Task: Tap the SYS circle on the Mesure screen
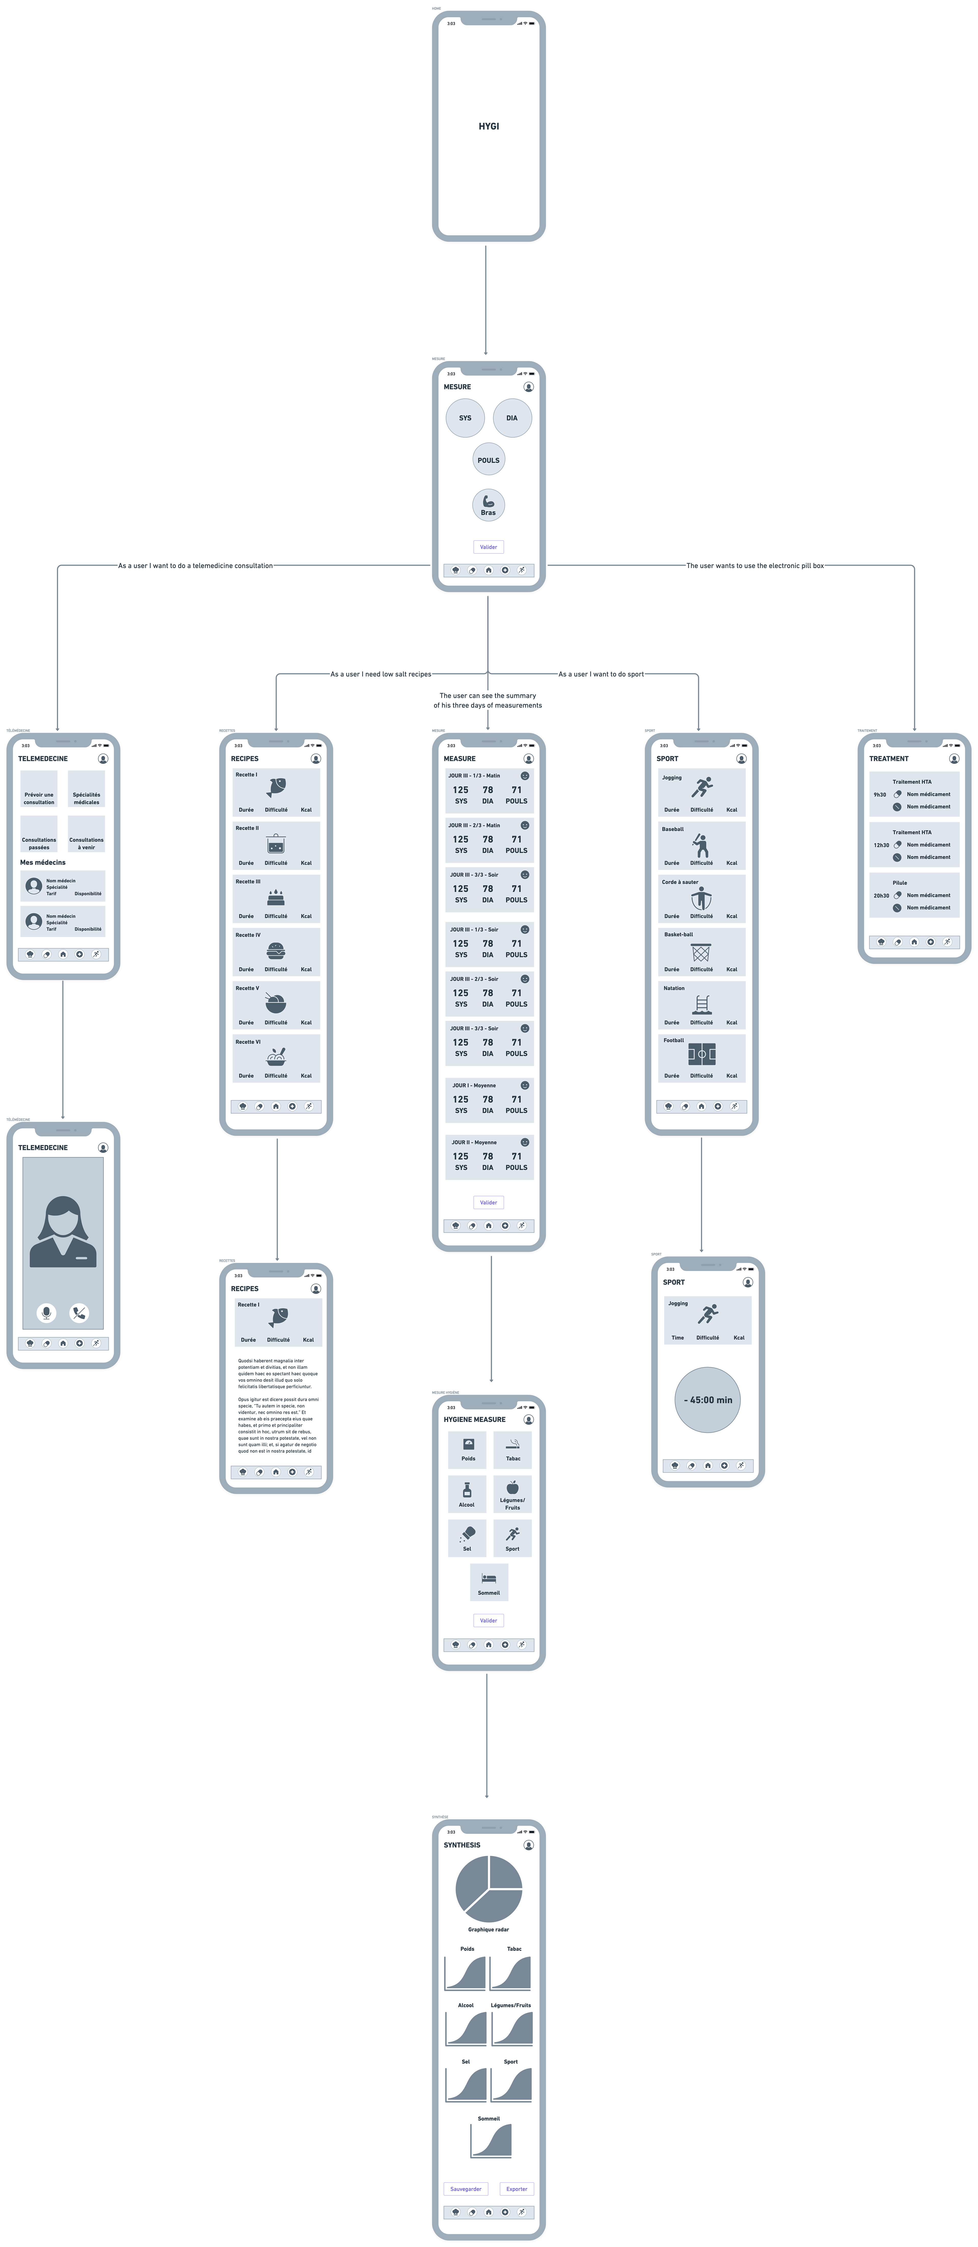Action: [465, 418]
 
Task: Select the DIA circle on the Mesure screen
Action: [512, 418]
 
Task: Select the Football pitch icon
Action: [701, 1054]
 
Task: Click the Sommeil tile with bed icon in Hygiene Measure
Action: [488, 1581]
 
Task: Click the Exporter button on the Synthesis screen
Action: [517, 2188]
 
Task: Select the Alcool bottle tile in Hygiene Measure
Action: [467, 1493]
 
